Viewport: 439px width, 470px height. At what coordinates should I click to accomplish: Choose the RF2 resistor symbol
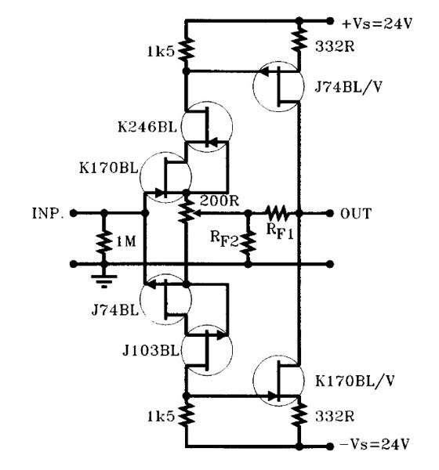(249, 243)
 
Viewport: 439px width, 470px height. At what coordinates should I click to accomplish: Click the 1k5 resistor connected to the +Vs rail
(186, 51)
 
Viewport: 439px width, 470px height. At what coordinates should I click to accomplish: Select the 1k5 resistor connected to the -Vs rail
(186, 414)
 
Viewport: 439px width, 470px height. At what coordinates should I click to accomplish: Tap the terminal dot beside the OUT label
(325, 212)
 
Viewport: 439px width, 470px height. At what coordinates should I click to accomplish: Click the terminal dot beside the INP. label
(73, 212)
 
